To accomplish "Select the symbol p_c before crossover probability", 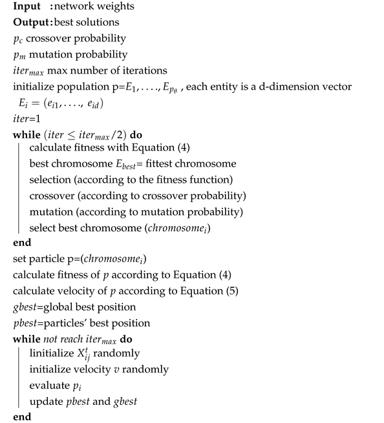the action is click(17, 40).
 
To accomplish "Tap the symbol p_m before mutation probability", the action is click(18, 55).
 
